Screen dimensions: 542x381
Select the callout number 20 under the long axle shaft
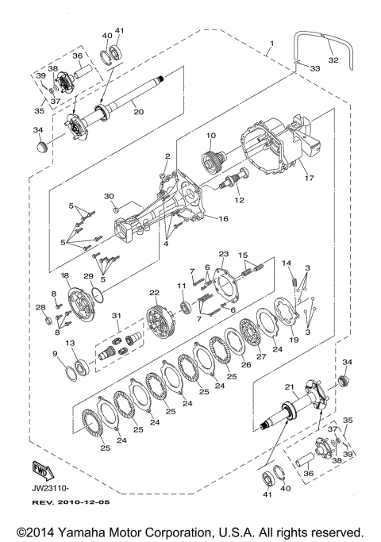(x=138, y=112)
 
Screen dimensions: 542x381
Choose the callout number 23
(x=224, y=254)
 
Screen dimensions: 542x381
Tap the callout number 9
(x=55, y=353)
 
